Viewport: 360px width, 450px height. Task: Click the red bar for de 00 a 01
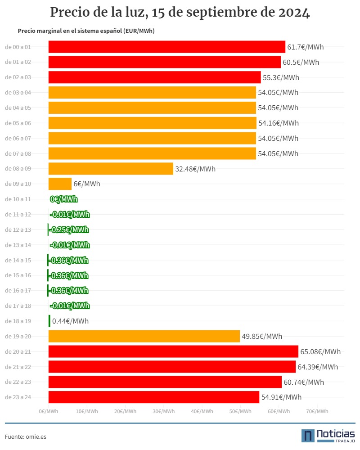167,47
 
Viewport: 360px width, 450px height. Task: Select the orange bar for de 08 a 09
111,168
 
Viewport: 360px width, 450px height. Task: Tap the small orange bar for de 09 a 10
60,184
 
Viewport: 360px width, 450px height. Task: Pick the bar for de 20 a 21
173,351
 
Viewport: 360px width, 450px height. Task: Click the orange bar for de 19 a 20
144,336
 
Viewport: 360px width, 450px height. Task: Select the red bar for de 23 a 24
154,397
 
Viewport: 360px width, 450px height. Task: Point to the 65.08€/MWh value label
320,351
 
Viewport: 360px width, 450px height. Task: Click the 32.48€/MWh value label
195,169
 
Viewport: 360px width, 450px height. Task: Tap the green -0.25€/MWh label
69,229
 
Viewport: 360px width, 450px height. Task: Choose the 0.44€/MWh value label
70,321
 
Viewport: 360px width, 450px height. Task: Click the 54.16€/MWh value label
279,123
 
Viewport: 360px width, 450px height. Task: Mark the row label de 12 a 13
18,229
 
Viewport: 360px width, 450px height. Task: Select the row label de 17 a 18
18,306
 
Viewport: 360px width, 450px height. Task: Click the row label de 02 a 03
18,77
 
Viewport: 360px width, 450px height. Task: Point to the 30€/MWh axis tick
164,411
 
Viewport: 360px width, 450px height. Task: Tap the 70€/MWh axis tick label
317,411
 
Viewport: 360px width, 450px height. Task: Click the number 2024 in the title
294,12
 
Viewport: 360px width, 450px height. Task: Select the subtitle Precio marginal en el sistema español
70,31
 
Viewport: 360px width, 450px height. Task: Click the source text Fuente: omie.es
26,436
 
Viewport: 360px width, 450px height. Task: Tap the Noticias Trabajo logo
328,436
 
